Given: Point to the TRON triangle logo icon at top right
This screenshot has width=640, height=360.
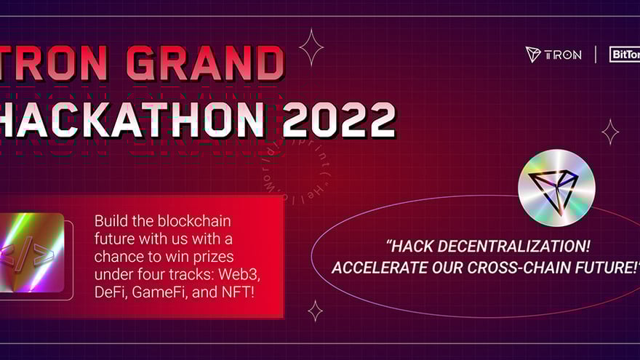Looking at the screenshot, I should click(x=534, y=55).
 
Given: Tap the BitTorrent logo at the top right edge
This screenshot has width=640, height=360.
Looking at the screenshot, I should click(x=625, y=55).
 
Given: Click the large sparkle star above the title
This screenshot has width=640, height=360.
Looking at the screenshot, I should click(x=311, y=47).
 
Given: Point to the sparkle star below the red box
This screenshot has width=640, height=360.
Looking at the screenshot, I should click(x=315, y=311).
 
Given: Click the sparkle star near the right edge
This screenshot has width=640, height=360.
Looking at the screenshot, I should click(x=609, y=132).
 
